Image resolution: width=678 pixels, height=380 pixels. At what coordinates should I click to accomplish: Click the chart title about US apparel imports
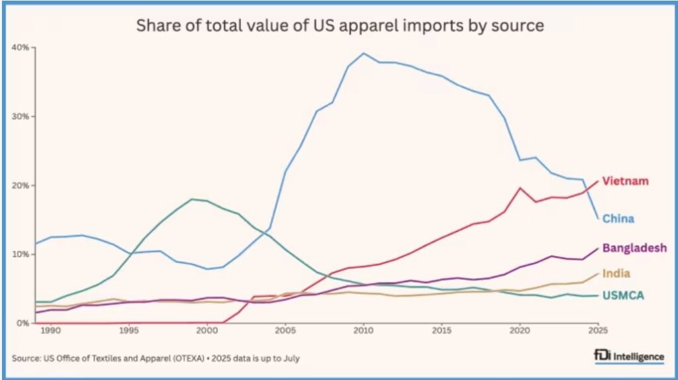coord(340,26)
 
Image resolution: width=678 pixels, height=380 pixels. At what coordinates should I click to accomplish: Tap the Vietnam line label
coord(624,181)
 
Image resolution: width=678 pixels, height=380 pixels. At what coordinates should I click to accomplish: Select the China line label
coord(618,218)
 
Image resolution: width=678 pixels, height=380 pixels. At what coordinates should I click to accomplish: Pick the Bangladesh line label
coord(634,248)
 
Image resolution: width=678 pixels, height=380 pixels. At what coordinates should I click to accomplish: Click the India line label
coord(616,273)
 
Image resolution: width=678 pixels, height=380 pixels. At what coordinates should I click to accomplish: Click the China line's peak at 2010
coord(363,53)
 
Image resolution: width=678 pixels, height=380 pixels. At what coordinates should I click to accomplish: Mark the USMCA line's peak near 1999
coord(192,199)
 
